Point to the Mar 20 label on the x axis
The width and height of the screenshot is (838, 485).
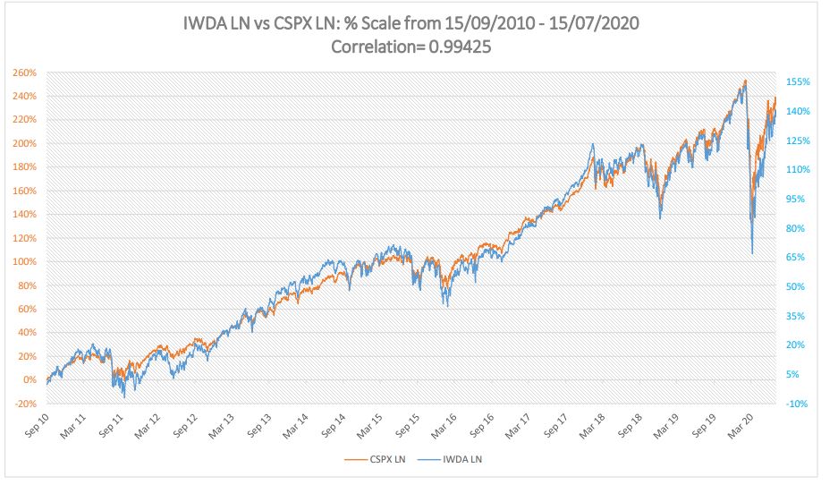click(739, 427)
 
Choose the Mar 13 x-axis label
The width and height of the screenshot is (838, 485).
click(221, 427)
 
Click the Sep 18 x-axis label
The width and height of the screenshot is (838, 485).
click(627, 427)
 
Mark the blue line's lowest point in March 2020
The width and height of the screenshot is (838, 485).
click(752, 254)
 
